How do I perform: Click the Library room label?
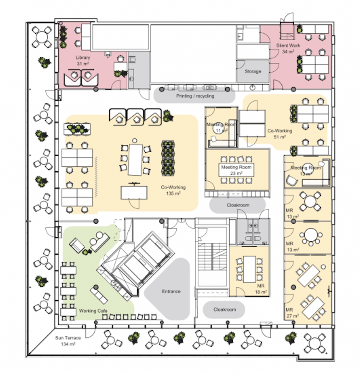pyautogui.click(x=82, y=60)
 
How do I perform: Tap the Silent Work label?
pyautogui.click(x=288, y=48)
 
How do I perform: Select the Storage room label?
pyautogui.click(x=253, y=71)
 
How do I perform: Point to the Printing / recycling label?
pyautogui.click(x=195, y=96)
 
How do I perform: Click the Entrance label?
pyautogui.click(x=171, y=291)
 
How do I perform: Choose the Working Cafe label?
pyautogui.click(x=93, y=311)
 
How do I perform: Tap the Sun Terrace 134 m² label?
pyautogui.click(x=68, y=341)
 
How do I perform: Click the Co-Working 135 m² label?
pyautogui.click(x=173, y=190)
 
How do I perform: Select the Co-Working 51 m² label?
pyautogui.click(x=280, y=134)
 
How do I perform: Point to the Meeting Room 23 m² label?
pyautogui.click(x=236, y=170)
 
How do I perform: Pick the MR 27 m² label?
pyautogui.click(x=292, y=313)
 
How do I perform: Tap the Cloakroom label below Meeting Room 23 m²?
pyautogui.click(x=238, y=205)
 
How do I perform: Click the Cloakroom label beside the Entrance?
pyautogui.click(x=224, y=309)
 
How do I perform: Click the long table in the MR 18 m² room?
pyautogui.click(x=250, y=269)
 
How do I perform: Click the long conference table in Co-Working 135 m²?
pyautogui.click(x=135, y=159)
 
